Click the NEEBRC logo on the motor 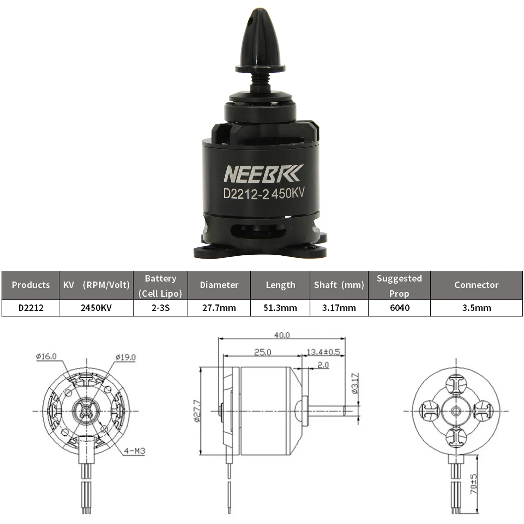(262, 174)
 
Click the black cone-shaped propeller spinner (260, 41)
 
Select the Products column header (31, 285)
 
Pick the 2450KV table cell (96, 308)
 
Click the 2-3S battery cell (161, 308)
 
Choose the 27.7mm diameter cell (219, 308)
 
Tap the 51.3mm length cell (280, 308)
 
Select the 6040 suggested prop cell (400, 308)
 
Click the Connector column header (476, 285)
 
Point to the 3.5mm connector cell (477, 308)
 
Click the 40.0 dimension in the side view (282, 336)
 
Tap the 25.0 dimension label (262, 352)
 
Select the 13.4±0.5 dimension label (323, 352)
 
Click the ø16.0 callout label (46, 356)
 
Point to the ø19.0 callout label (125, 357)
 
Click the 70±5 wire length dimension (473, 484)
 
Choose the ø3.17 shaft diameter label (355, 384)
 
